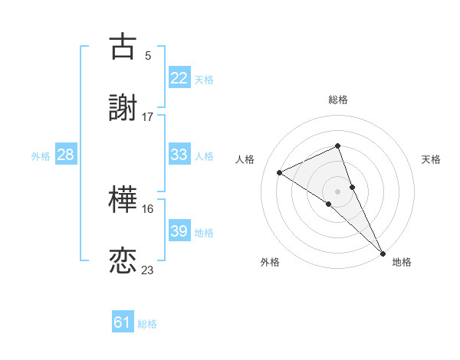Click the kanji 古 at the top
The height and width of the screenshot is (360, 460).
coord(123,47)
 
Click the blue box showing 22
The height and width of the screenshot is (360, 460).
coord(179,77)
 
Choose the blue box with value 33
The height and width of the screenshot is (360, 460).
coord(179,154)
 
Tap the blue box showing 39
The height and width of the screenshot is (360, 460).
coord(179,231)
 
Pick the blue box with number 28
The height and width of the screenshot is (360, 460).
coord(66,155)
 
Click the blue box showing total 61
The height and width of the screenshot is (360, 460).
coord(123,322)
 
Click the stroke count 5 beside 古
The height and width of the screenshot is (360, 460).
coord(147,55)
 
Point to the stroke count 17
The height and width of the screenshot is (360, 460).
coord(147,116)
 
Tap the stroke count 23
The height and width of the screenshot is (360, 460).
coord(147,270)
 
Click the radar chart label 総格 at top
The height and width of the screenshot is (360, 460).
coord(337,100)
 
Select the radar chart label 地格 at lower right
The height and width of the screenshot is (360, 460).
coord(402,262)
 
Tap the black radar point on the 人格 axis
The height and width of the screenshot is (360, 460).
coord(280,172)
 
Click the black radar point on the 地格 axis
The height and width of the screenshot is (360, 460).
coord(383,252)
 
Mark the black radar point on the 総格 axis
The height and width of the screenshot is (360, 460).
coord(337,146)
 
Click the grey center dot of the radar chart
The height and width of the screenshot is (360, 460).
coord(337,191)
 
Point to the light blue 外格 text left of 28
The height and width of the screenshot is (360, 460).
coord(41,155)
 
